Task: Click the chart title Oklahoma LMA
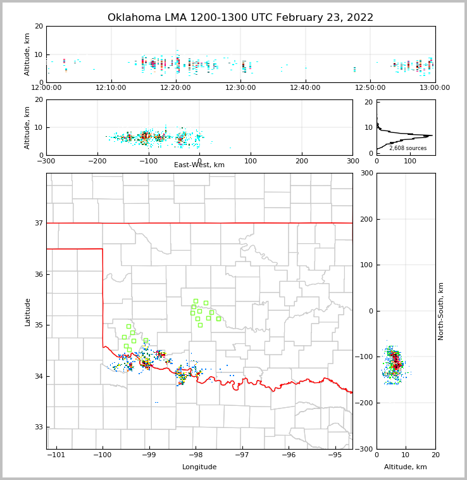[x=240, y=18]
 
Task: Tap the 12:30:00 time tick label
[x=240, y=87]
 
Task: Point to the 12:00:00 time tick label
[x=46, y=87]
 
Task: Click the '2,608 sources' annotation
[x=408, y=148]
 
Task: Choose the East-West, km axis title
[x=199, y=165]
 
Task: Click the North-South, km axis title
[x=441, y=311]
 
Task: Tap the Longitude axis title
[x=199, y=467]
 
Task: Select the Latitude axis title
[x=27, y=312]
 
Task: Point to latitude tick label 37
[x=39, y=224]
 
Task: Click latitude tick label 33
[x=39, y=427]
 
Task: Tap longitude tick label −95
[x=335, y=455]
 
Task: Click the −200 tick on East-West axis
[x=97, y=161]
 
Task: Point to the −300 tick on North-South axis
[x=364, y=449]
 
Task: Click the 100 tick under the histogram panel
[x=410, y=161]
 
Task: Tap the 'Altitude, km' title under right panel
[x=406, y=467]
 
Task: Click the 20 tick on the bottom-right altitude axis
[x=435, y=455]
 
